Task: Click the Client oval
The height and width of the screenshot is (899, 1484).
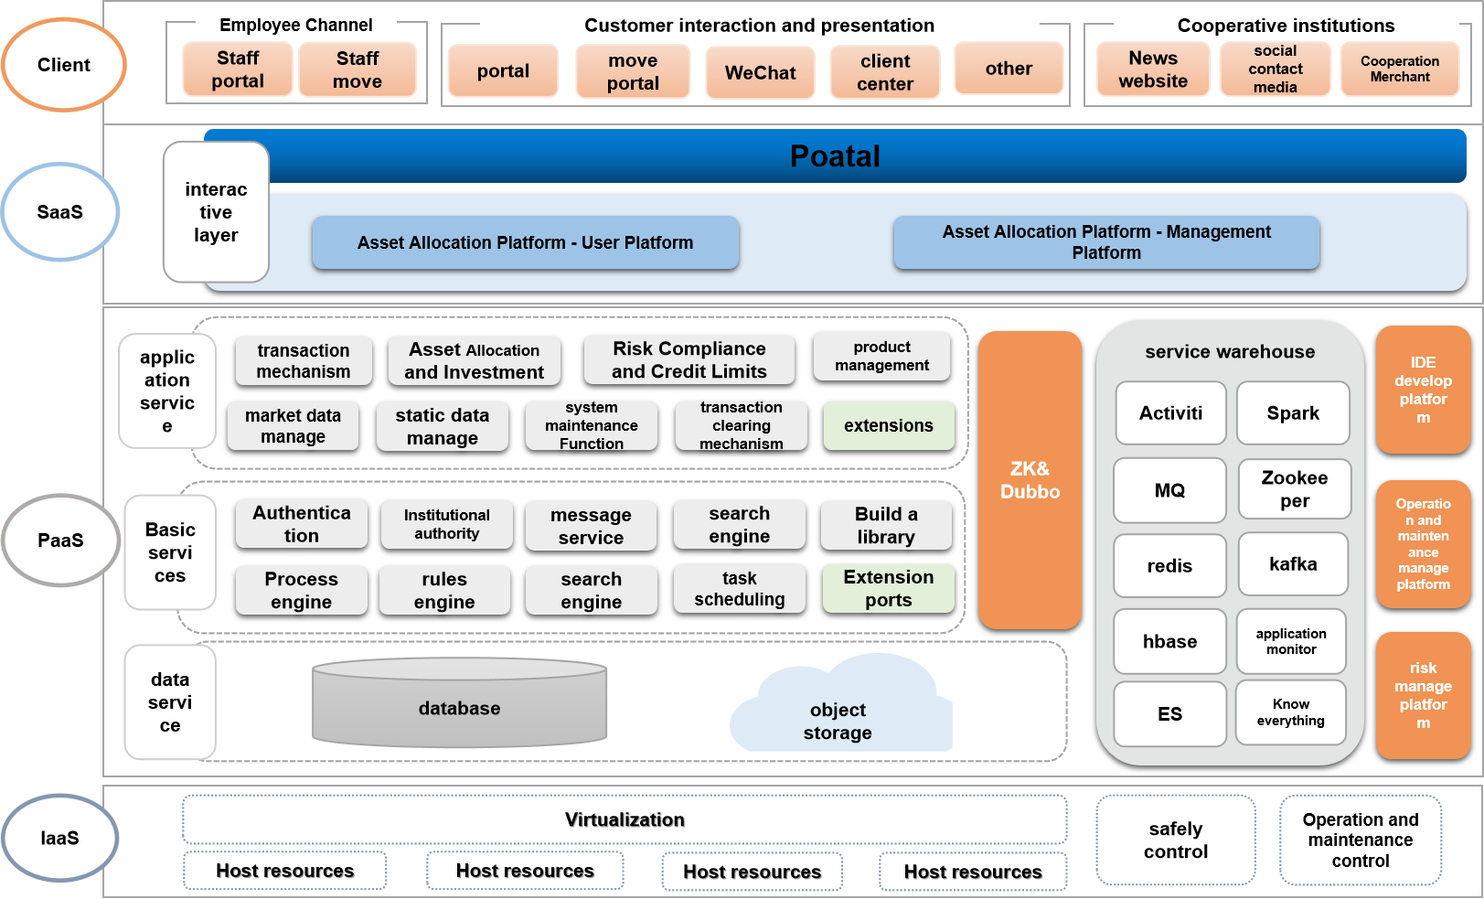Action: [x=64, y=65]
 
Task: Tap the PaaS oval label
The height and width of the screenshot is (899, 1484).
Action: [x=60, y=540]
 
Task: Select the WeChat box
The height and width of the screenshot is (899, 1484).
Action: [x=760, y=72]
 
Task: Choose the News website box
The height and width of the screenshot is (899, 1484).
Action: [x=1153, y=70]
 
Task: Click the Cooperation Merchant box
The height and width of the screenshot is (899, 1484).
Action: [x=1399, y=69]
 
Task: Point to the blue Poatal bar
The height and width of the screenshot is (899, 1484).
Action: [x=834, y=156]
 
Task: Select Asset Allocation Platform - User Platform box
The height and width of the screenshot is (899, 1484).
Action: [x=525, y=242]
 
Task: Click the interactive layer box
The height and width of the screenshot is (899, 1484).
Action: [x=216, y=212]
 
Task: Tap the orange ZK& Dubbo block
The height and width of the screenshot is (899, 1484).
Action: [x=1030, y=480]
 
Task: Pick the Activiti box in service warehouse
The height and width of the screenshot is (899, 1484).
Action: [x=1170, y=413]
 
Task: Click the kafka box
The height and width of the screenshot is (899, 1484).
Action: [x=1293, y=564]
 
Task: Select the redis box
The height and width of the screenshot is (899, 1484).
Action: [x=1169, y=566]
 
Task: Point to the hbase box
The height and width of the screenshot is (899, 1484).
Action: [x=1169, y=641]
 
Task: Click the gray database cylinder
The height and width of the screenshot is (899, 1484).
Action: [x=459, y=708]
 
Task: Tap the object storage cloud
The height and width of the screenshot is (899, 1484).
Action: [x=838, y=713]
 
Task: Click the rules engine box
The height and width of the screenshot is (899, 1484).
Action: [x=444, y=591]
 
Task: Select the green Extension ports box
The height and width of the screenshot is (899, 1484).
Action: [x=888, y=589]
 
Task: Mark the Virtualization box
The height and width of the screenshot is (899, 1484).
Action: [x=625, y=819]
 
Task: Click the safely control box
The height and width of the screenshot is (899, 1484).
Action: [x=1176, y=840]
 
